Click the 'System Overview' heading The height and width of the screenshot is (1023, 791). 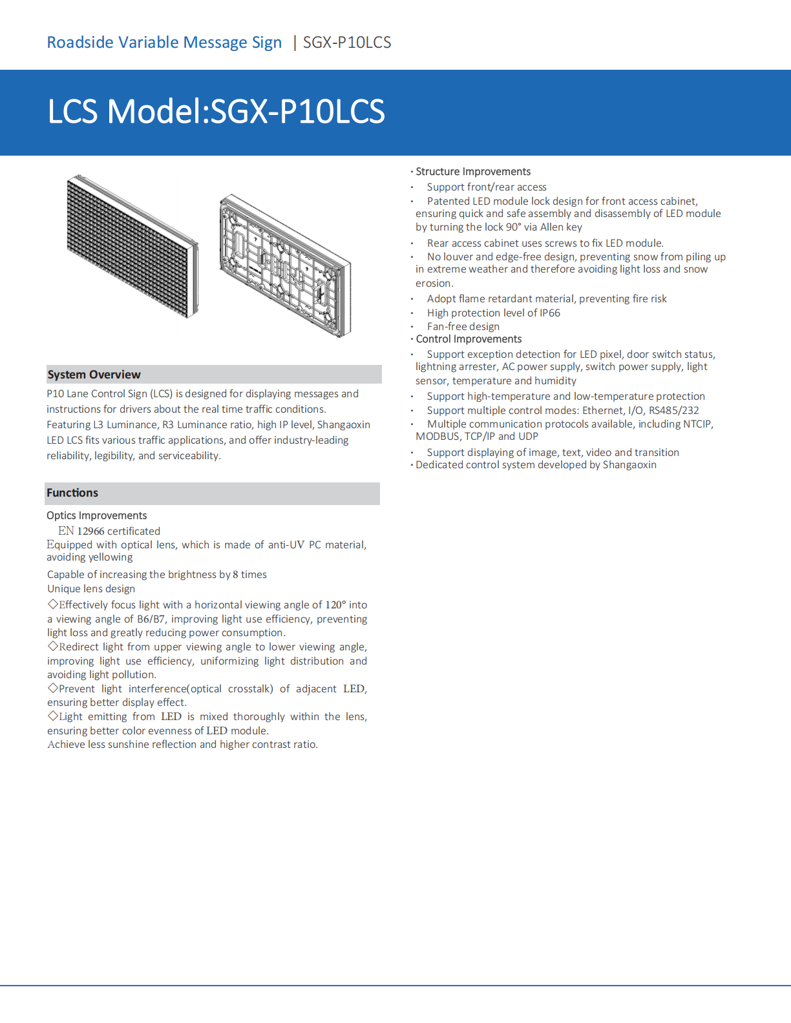[x=94, y=375]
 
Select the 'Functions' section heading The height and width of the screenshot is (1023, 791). [x=72, y=493]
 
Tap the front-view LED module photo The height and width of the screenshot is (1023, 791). [x=132, y=246]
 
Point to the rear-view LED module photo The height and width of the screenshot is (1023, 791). [x=285, y=265]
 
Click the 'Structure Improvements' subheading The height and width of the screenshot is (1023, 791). [x=473, y=172]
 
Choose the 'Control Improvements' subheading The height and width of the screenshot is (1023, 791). [x=469, y=339]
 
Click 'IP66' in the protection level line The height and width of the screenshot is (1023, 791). [x=550, y=313]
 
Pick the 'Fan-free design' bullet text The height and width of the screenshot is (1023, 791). [x=463, y=327]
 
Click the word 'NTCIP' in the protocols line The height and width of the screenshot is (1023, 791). [x=697, y=424]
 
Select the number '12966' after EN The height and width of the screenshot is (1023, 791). [x=90, y=532]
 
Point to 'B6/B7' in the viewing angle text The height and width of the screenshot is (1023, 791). [x=151, y=619]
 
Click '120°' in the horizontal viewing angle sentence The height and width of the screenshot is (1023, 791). [x=335, y=605]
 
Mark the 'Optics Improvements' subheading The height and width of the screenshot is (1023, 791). [x=97, y=515]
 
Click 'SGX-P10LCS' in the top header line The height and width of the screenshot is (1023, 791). [x=347, y=43]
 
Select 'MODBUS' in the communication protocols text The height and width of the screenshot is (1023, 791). [x=438, y=437]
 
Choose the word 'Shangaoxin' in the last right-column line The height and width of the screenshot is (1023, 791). [x=629, y=465]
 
